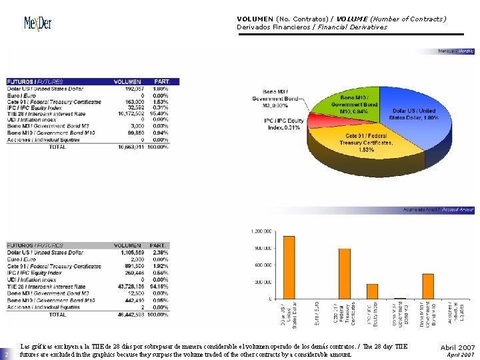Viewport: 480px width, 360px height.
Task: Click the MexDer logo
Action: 37,24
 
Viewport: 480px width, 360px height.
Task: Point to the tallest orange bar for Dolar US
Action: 289,267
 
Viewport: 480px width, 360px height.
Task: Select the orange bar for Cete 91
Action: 345,273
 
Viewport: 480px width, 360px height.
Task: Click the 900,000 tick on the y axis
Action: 262,248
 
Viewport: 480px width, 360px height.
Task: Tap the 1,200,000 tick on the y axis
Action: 262,231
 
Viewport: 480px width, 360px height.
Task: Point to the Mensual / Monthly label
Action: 456,51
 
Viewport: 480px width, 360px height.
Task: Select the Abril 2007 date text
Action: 457,347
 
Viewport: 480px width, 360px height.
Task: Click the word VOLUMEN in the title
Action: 255,19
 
